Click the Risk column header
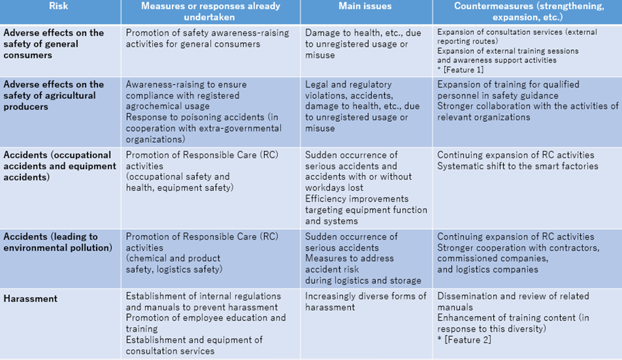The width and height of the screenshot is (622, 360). [60, 6]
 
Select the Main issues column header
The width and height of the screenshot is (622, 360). [365, 7]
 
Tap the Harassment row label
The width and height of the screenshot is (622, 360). [30, 299]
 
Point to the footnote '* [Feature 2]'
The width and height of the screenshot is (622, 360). [464, 340]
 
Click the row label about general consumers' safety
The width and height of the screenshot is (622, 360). [53, 44]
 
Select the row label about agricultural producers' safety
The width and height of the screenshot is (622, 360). [53, 95]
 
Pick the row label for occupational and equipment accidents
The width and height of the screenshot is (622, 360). [59, 166]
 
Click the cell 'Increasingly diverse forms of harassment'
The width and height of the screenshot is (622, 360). [365, 301]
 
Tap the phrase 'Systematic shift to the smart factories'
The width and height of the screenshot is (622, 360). [517, 167]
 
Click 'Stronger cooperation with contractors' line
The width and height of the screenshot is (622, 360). [518, 248]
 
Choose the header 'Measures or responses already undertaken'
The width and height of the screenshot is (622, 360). [211, 11]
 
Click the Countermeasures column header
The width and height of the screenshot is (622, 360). [527, 11]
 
